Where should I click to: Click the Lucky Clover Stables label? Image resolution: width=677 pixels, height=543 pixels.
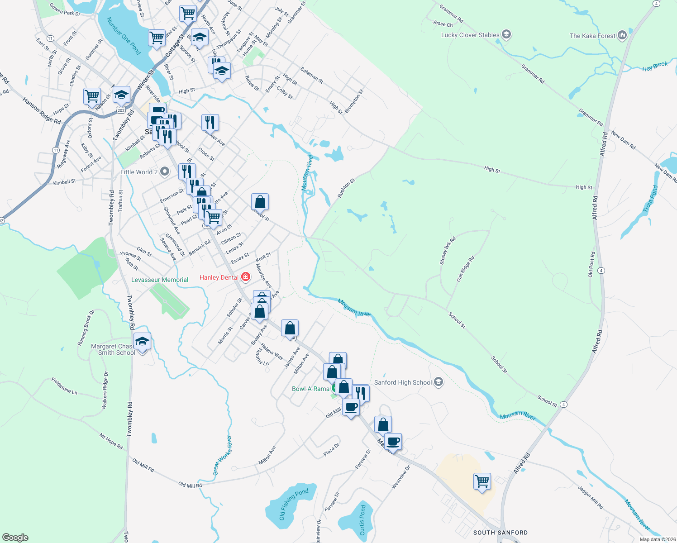pos(470,35)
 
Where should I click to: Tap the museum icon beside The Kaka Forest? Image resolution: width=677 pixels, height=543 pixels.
pos(622,35)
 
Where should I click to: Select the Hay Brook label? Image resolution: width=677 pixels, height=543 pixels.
pos(655,66)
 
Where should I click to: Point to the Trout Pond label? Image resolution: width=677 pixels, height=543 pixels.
pos(650,199)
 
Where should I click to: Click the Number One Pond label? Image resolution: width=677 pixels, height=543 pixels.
pos(124,36)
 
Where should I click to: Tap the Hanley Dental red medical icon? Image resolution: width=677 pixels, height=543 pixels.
pos(246,276)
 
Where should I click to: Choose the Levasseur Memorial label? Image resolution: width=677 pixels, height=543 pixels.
pos(160,280)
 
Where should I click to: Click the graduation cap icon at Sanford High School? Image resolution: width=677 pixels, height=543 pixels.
pos(438,382)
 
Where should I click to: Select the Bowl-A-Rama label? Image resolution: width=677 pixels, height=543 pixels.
pos(310,389)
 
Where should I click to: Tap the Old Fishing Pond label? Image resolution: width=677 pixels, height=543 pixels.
pos(294,504)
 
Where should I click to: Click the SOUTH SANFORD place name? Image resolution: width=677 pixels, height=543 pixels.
pos(500,533)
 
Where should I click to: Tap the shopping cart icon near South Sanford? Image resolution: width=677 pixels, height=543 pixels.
pos(482,481)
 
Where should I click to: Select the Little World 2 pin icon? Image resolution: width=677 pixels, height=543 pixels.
pos(165,171)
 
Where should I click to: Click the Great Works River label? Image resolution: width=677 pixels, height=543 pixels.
pos(223,455)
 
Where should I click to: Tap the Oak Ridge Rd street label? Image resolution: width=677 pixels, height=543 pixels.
pos(465,269)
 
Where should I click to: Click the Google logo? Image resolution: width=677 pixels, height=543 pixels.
pos(15,537)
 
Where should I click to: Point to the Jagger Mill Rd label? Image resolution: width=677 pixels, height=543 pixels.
pos(591,497)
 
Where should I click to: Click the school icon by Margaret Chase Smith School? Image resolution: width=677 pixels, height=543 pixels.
pos(142,342)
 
